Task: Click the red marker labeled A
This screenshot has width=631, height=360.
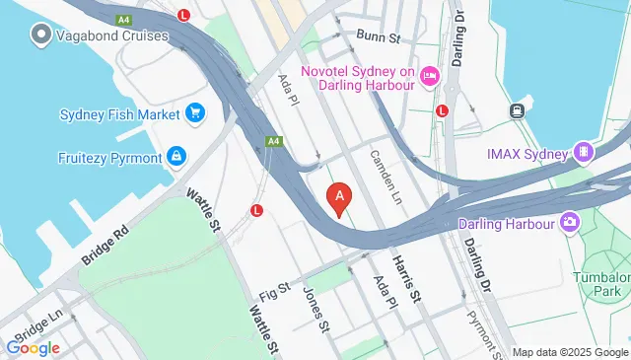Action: coord(340,199)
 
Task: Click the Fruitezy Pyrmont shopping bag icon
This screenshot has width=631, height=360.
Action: coord(176,155)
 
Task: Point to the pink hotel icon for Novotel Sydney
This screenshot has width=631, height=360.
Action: coord(429,76)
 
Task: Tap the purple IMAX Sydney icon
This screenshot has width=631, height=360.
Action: coord(585,153)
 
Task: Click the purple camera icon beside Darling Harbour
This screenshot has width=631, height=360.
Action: coord(569,222)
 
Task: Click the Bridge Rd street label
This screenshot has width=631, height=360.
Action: coord(105,244)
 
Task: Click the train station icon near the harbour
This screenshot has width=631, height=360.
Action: coord(516,111)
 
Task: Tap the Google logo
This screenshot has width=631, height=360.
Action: coord(33,347)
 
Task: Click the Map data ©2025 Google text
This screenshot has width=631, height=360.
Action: coord(571,352)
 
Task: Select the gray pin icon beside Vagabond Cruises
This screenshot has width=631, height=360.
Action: coord(41,36)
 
